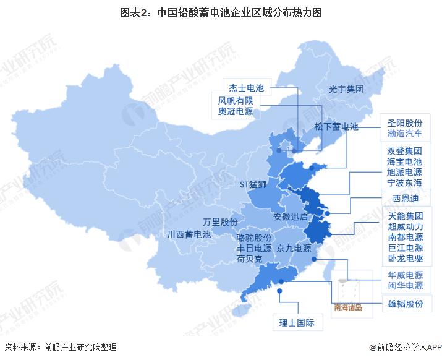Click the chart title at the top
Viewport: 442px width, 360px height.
(221, 12)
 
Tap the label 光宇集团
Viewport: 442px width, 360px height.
(346, 89)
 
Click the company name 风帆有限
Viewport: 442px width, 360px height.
(236, 100)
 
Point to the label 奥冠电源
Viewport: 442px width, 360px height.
(236, 112)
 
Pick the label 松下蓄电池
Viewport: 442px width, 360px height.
(336, 127)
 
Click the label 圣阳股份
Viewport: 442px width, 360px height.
(404, 122)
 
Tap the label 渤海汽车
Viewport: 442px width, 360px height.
(404, 134)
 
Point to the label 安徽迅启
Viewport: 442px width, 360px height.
(290, 217)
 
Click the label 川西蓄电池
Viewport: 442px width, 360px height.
(189, 234)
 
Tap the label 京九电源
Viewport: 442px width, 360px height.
(294, 249)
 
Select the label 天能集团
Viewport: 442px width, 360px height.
(406, 216)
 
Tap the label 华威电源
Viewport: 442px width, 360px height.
(406, 275)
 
